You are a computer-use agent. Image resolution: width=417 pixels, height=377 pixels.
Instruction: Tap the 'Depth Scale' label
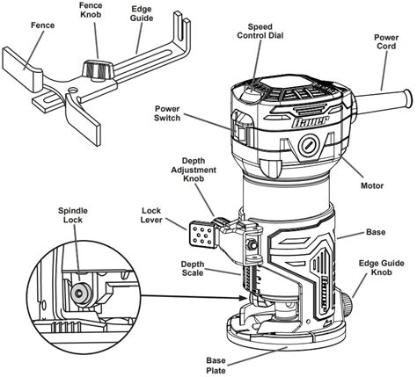[x=194, y=268]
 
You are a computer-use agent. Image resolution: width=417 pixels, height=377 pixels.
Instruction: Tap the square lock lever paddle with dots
[x=201, y=236]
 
